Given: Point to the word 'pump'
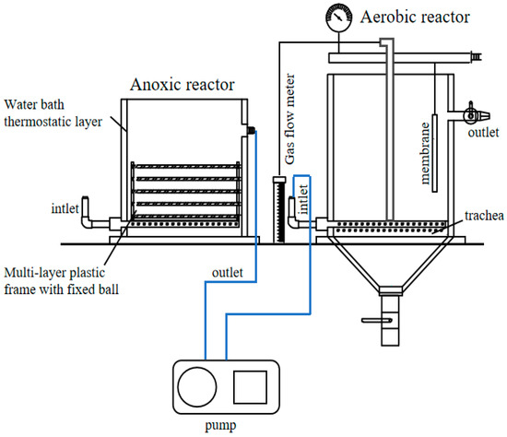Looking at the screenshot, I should click(x=224, y=427).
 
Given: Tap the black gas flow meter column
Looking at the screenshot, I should click(x=278, y=211).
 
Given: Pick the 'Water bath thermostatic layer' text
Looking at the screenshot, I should click(x=53, y=110).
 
